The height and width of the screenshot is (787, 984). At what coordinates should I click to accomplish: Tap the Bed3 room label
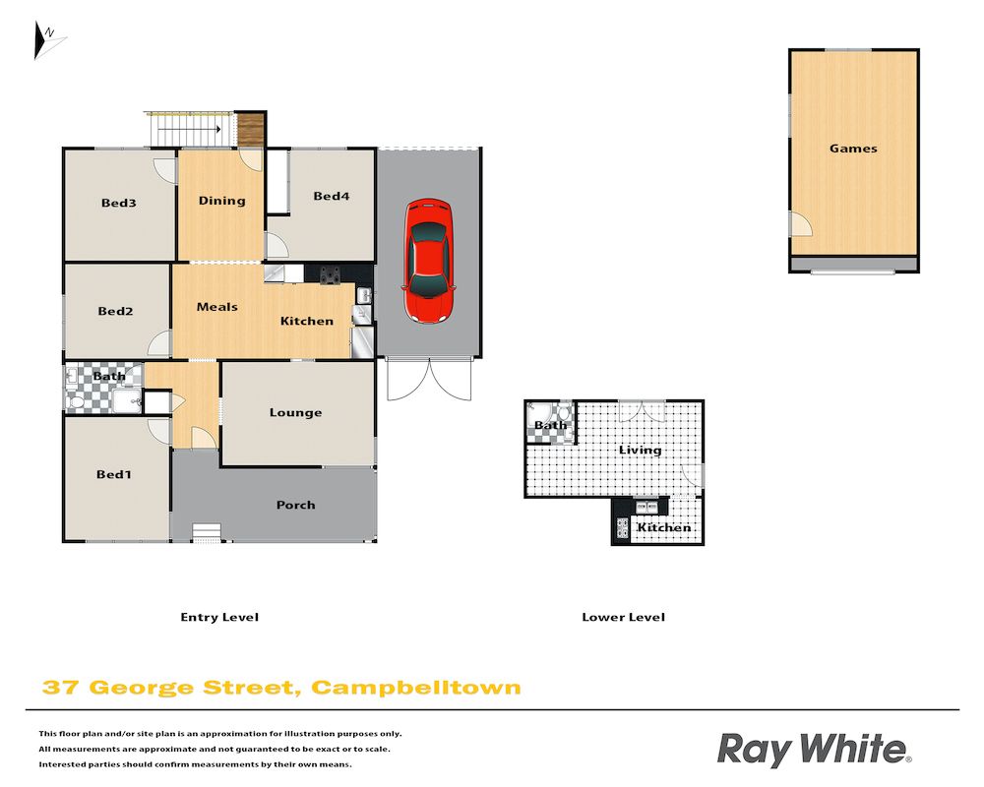[x=119, y=203]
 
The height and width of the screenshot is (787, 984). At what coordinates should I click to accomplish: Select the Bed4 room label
[x=332, y=196]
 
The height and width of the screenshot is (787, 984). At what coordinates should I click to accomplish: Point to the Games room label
[x=853, y=149]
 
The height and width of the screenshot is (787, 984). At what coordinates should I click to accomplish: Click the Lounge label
[x=295, y=413]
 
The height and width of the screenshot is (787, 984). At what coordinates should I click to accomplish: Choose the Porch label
[x=295, y=505]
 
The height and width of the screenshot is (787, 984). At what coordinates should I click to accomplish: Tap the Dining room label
[x=221, y=201]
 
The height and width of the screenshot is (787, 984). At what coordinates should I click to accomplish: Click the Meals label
[x=217, y=307]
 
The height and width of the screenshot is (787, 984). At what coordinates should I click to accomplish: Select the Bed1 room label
[x=113, y=474]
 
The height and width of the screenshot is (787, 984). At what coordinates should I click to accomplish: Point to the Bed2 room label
[x=115, y=311]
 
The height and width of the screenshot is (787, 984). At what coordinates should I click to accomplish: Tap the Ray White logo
[x=814, y=750]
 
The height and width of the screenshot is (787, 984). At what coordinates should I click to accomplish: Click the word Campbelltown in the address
[x=416, y=688]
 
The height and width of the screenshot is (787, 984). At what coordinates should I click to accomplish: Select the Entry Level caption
[x=219, y=618]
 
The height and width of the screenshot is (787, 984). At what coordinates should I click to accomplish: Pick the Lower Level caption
[x=623, y=618]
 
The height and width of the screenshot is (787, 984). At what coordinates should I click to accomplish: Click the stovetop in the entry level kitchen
[x=330, y=274]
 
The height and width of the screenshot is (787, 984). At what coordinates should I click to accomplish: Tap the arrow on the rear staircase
[x=189, y=130]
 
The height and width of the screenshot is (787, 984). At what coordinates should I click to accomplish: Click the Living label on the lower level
[x=641, y=450]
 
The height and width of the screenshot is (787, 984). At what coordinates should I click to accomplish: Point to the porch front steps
[x=207, y=533]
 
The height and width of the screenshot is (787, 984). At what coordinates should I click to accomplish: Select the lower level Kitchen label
[x=664, y=528]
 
